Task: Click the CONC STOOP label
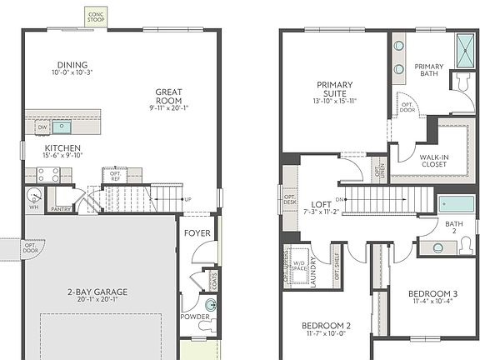pyautogui.click(x=95, y=16)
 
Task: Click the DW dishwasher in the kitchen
pyautogui.click(x=42, y=127)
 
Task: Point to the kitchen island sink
pyautogui.click(x=62, y=127)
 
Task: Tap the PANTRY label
pyautogui.click(x=60, y=211)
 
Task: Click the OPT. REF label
pyautogui.click(x=112, y=176)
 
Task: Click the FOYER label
pyautogui.click(x=197, y=233)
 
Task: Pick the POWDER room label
pyautogui.click(x=195, y=317)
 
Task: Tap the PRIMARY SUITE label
pyautogui.click(x=334, y=89)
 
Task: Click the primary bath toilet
pyautogui.click(x=462, y=81)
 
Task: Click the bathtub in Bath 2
pyautogui.click(x=457, y=205)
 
